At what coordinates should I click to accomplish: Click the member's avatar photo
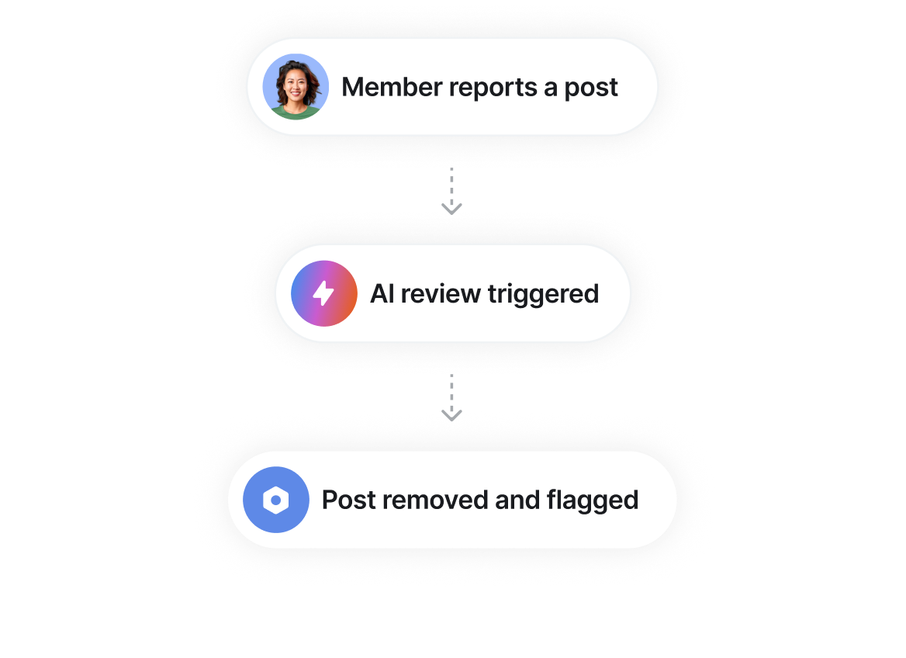point(296,86)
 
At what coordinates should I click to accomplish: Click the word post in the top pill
point(591,88)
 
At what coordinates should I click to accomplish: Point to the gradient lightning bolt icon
point(323,293)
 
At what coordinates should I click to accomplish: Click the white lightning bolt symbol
point(323,293)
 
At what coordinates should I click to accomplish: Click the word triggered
point(543,294)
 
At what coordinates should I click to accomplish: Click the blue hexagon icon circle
point(276,500)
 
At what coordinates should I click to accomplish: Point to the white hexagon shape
point(275,500)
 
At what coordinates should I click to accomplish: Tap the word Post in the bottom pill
point(349,500)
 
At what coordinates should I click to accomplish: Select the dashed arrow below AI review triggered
point(451,399)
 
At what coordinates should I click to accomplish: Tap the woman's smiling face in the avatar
point(296,82)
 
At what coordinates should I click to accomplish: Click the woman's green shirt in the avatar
point(296,113)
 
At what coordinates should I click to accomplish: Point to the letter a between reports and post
point(550,88)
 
